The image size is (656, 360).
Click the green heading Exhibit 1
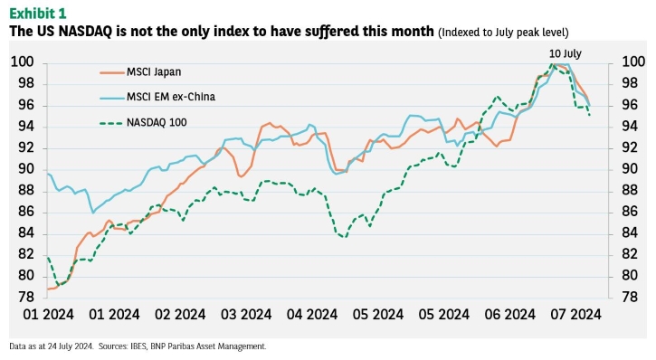click(38, 14)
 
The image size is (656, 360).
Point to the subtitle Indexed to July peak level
click(503, 33)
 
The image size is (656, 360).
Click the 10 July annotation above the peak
click(566, 53)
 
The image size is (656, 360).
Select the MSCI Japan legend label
click(154, 72)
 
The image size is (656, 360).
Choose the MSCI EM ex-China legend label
click(171, 97)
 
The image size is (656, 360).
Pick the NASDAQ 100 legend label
click(157, 123)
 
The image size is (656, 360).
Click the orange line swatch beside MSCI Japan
click(112, 72)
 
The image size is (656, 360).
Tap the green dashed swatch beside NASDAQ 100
click(112, 123)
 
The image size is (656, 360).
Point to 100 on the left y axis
click(22, 62)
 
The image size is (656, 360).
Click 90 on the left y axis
click(26, 169)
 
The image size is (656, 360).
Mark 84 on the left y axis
click(26, 232)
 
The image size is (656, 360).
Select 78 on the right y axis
click(630, 297)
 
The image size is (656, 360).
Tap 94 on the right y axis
click(630, 126)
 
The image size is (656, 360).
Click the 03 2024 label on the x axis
click(246, 315)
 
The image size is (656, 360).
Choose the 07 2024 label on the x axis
click(575, 315)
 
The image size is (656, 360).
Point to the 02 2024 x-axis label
click(180, 315)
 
